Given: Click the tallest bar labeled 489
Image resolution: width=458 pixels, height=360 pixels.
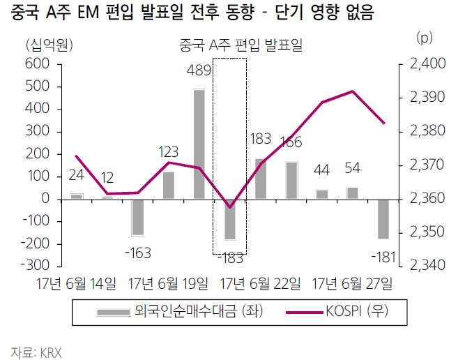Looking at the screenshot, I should [199, 144].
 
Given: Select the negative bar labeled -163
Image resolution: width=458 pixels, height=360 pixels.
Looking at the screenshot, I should [138, 217].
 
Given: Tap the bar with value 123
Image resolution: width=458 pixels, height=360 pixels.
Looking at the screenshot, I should [169, 185].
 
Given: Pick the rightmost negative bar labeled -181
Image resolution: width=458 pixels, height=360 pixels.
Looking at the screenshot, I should [383, 219].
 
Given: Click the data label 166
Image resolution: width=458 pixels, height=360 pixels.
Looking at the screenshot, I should [291, 143].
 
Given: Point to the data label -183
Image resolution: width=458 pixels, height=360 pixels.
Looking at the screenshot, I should [230, 257].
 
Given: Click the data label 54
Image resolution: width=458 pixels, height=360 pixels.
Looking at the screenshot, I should [352, 169].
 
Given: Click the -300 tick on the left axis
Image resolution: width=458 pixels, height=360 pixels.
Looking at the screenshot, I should [33, 266].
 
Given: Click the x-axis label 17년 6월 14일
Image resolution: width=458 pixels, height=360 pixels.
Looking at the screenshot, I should [77, 283].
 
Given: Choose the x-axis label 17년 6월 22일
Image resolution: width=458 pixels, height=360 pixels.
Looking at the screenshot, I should [261, 283].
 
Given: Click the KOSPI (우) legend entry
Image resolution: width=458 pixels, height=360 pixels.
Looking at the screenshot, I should [351, 313].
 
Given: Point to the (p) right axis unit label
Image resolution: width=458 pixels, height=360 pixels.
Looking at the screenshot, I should [424, 36].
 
